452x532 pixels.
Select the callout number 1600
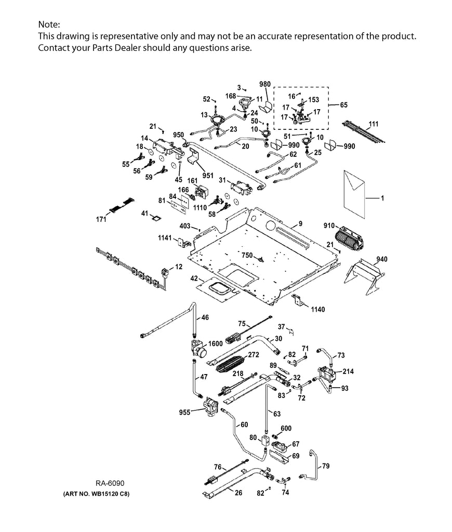[x=216, y=343]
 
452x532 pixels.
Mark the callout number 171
[x=101, y=220]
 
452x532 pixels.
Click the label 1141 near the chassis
[x=165, y=238]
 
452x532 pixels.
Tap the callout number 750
[x=247, y=255]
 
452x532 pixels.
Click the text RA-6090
[x=110, y=483]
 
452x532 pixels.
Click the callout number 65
[x=344, y=104]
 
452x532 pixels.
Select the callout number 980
[x=265, y=85]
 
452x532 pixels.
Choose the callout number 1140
[x=318, y=309]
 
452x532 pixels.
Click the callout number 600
[x=286, y=428]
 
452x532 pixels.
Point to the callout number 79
[x=325, y=466]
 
